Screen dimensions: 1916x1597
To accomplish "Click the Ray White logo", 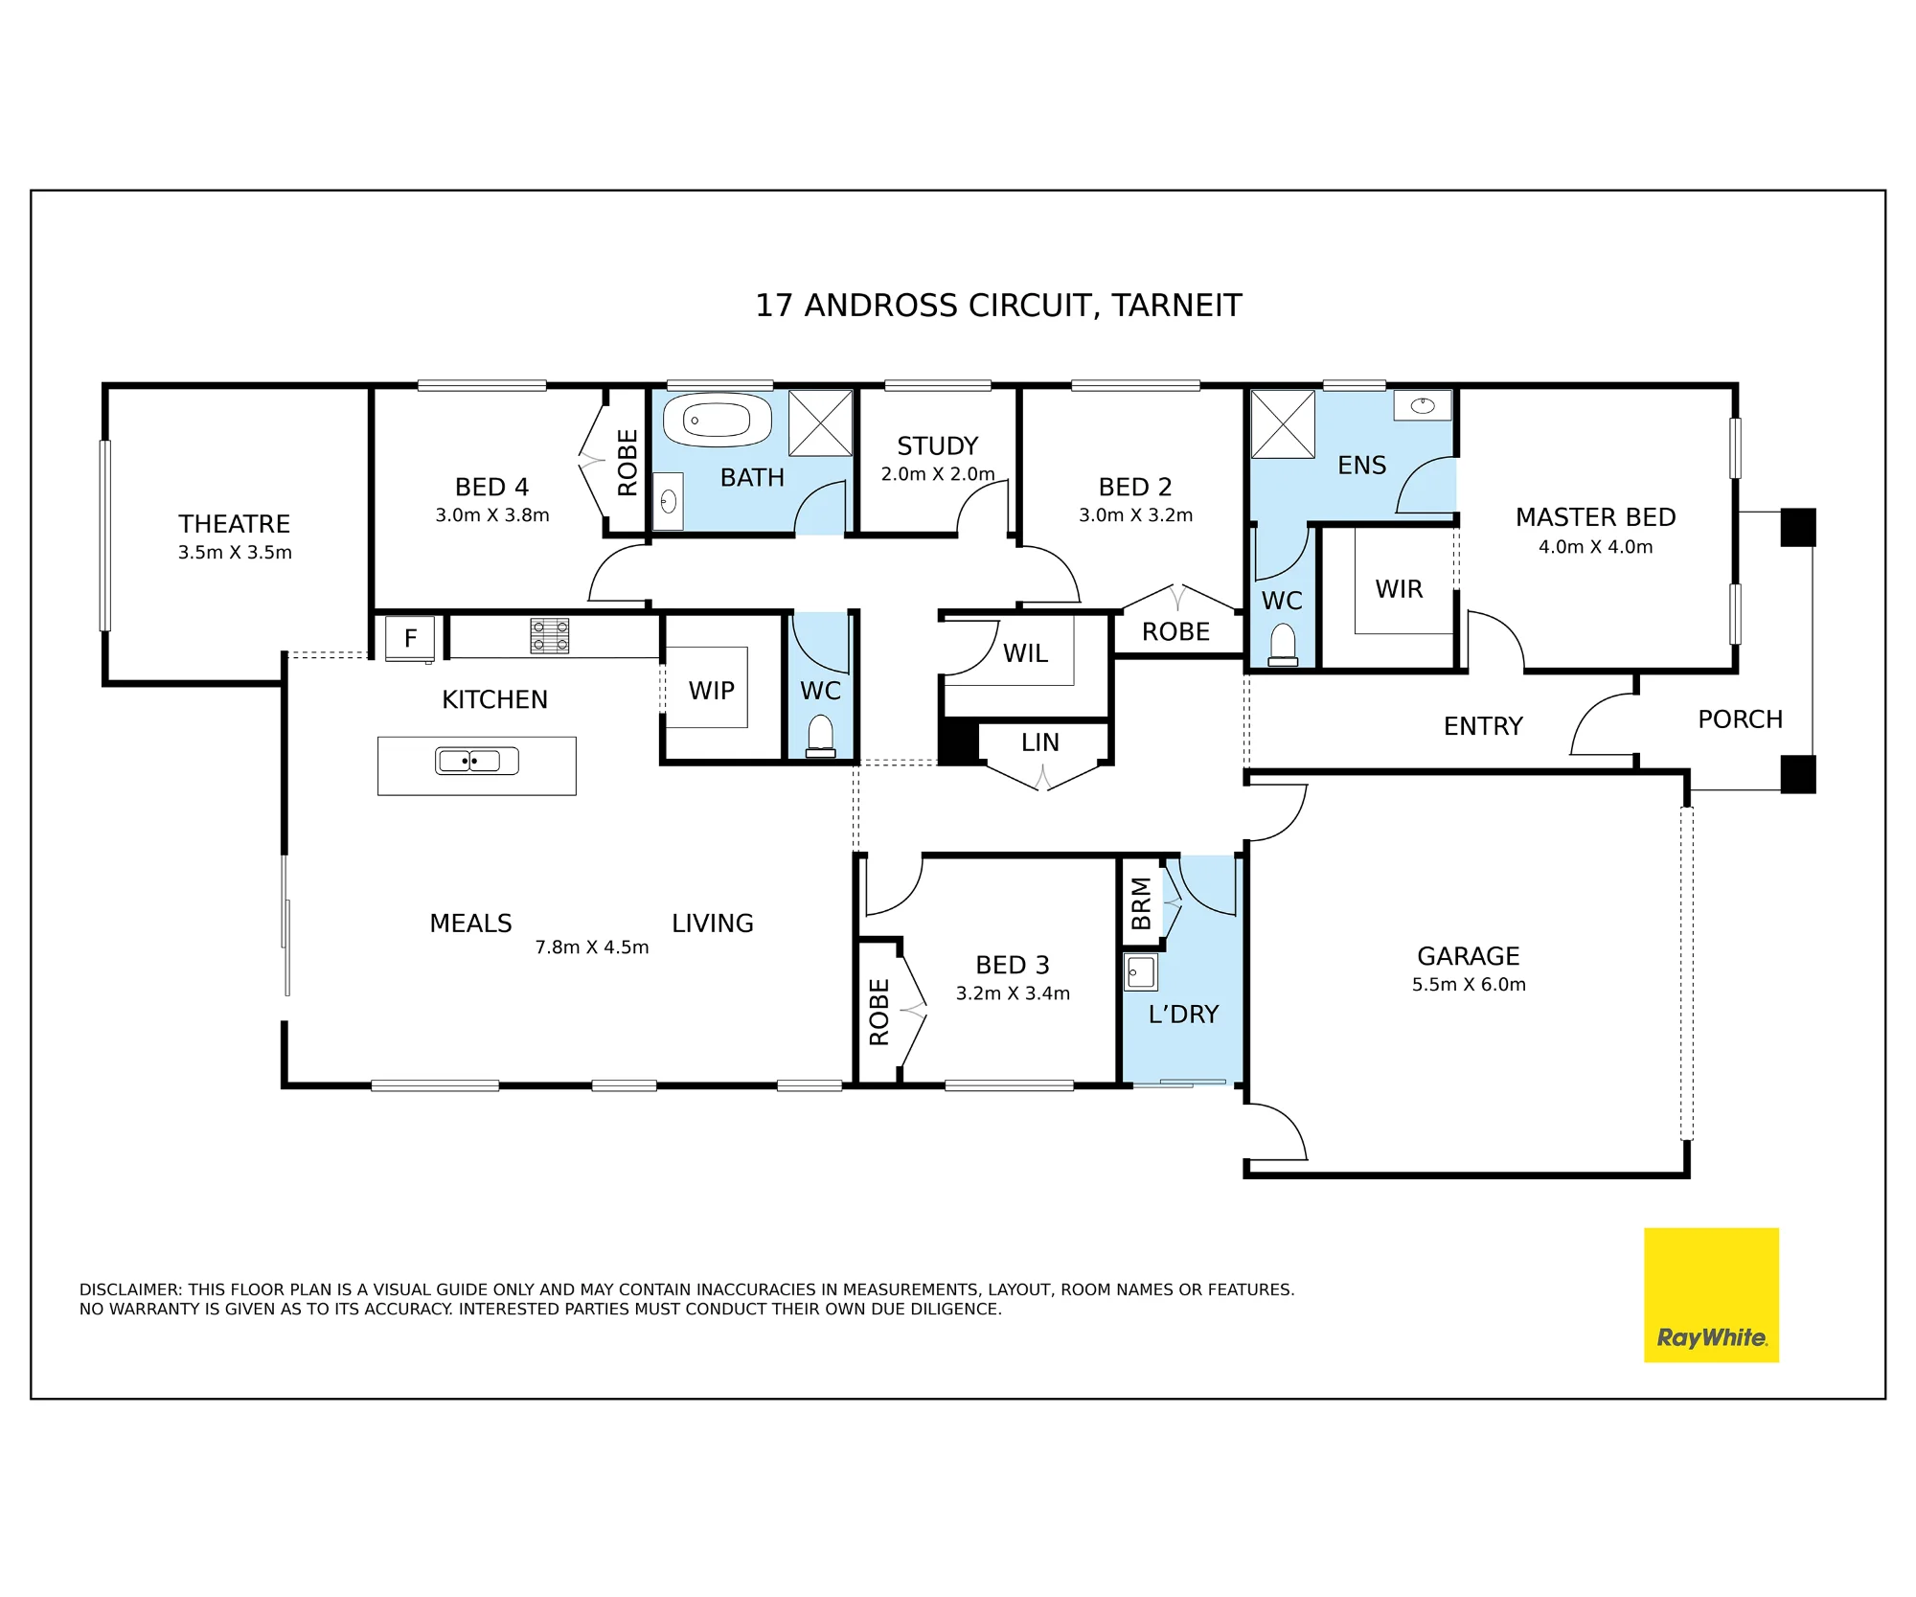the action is (x=1711, y=1295).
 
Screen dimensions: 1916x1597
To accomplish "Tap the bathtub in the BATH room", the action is (x=718, y=420).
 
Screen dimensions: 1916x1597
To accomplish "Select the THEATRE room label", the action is (x=235, y=524).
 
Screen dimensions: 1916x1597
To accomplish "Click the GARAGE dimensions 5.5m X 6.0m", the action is (x=1469, y=984).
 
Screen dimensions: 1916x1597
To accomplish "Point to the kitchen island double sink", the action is (x=477, y=762).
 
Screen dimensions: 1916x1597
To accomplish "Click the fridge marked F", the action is (x=410, y=638).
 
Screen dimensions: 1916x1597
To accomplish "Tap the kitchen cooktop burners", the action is (x=550, y=636).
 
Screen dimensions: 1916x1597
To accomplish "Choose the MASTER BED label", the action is (x=1596, y=517).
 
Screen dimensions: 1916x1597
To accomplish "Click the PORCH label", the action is (x=1741, y=719).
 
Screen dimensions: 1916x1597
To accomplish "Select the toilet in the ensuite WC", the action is (x=1283, y=646).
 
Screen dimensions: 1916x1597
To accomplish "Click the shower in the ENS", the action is (x=1283, y=424).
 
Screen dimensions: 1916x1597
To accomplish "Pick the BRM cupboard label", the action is (x=1140, y=902).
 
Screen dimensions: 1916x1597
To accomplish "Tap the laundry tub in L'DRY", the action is (x=1141, y=972).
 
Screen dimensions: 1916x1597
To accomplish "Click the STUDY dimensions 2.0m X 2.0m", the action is (x=938, y=474).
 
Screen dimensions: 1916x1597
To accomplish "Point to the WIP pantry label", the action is (x=712, y=691).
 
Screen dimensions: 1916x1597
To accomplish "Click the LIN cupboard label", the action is (x=1040, y=742).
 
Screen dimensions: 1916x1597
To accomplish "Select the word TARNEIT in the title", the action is (x=1176, y=306).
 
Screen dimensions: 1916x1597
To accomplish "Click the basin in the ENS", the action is (x=1423, y=405).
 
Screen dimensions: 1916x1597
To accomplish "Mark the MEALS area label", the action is (x=470, y=924).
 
